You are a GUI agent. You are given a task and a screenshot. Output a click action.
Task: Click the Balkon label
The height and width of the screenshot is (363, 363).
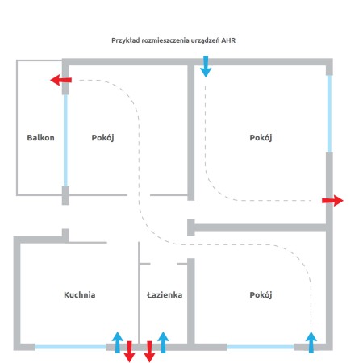point(40,138)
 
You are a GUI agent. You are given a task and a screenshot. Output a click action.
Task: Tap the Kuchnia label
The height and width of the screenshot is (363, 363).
point(80,295)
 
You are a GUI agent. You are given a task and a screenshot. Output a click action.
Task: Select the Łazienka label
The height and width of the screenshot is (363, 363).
point(165,295)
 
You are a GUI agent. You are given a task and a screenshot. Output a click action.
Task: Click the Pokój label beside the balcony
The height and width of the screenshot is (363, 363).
point(102,138)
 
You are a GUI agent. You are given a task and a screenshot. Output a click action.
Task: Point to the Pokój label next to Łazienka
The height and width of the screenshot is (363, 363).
point(261,295)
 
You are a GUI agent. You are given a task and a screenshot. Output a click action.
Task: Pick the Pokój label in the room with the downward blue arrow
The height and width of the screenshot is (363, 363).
point(261,138)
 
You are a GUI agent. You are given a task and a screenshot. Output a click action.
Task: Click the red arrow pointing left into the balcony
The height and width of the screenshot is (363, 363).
point(61,80)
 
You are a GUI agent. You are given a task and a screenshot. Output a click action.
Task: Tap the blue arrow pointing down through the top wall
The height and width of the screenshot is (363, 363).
point(206,66)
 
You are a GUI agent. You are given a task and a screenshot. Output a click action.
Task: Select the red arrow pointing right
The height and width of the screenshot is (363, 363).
point(332,201)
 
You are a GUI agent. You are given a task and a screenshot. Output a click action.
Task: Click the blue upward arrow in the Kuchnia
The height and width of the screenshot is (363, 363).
point(118,342)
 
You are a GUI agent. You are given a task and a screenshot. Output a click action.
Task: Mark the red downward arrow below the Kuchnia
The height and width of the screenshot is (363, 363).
point(129,352)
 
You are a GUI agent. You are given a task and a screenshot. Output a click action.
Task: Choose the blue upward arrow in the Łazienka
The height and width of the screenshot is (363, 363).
point(163,342)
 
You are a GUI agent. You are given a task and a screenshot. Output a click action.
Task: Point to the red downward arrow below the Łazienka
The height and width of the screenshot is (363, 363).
point(149,352)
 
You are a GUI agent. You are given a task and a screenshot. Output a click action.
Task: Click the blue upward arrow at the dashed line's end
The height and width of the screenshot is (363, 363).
point(311,342)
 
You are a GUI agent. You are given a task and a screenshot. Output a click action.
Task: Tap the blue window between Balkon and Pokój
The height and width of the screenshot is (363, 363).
point(65,140)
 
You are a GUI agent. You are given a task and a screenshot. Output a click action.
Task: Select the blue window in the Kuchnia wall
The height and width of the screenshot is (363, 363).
point(70,347)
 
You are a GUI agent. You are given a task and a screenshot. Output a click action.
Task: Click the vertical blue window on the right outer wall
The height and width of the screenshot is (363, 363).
point(329,114)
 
